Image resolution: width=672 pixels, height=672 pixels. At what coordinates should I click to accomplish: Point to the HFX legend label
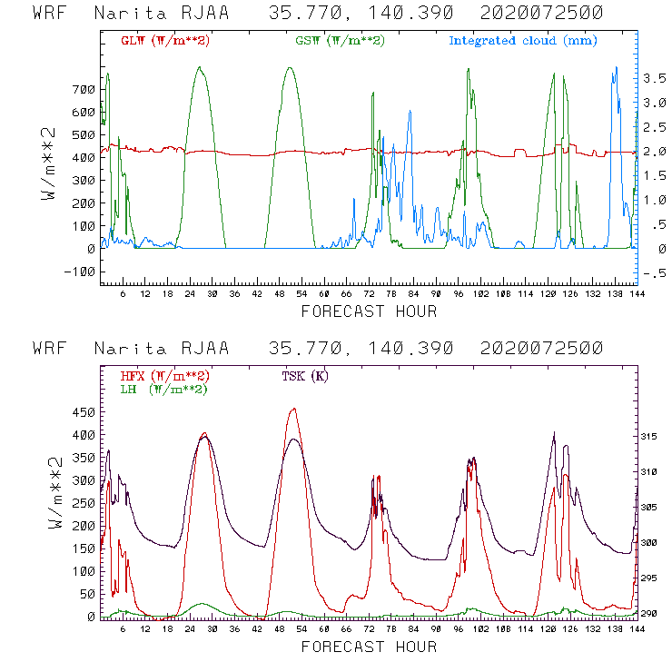tap(163, 376)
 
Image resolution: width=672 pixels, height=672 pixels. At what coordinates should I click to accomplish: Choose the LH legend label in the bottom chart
tap(163, 389)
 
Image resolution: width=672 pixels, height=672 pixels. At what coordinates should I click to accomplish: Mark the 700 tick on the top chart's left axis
tap(84, 89)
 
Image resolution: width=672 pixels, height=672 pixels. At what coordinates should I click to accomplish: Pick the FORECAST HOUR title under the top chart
tap(369, 311)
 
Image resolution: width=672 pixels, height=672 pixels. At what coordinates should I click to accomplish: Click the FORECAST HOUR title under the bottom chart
tap(369, 647)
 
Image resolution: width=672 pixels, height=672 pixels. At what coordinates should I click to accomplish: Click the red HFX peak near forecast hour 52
tap(292, 409)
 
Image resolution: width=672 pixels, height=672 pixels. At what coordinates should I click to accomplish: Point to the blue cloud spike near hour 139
tap(616, 67)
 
